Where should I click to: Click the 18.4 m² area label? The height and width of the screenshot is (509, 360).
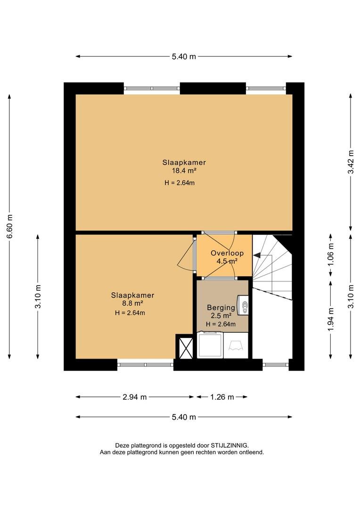(x=184, y=171)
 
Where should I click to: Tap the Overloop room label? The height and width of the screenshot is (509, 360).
(x=227, y=253)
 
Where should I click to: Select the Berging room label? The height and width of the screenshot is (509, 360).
(x=221, y=307)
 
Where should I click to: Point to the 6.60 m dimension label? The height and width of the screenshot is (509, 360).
(x=9, y=226)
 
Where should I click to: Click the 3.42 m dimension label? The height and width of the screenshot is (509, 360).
(x=351, y=162)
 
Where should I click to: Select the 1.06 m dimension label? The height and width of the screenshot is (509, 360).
(x=331, y=254)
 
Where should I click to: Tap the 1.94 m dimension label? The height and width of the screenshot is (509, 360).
(x=331, y=320)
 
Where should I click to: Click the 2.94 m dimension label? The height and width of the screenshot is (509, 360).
(x=135, y=397)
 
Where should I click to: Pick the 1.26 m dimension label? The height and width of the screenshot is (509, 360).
(x=222, y=397)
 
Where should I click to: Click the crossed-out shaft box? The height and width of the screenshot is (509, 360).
(x=184, y=347)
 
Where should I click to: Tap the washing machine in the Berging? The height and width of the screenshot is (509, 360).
(x=210, y=345)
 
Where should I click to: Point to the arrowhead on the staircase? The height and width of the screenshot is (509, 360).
(x=257, y=256)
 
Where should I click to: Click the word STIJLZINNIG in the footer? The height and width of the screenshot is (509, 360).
(x=230, y=445)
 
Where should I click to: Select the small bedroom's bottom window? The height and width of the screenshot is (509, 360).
(x=145, y=364)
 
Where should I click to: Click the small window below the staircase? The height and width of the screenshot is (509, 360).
(x=275, y=364)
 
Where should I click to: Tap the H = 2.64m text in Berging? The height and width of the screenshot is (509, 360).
(x=221, y=324)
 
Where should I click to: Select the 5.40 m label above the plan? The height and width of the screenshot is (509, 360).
(x=184, y=57)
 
